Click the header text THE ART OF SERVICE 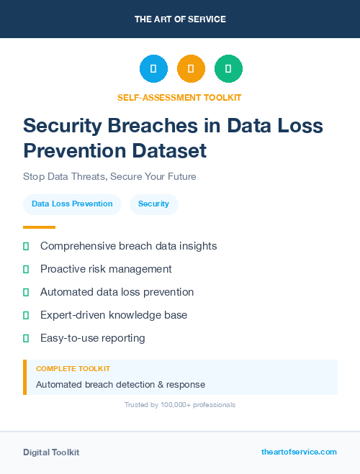pyautogui.click(x=180, y=19)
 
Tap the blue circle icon pyautogui.click(x=153, y=68)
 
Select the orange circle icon pyautogui.click(x=191, y=68)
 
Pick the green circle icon pyautogui.click(x=228, y=68)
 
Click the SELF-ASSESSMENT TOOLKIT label pyautogui.click(x=180, y=97)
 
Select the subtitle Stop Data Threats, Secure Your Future pyautogui.click(x=109, y=176)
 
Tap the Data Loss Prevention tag pyautogui.click(x=72, y=204)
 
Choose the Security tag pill pyautogui.click(x=153, y=204)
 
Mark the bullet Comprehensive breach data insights pyautogui.click(x=128, y=246)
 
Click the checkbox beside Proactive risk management pyautogui.click(x=26, y=269)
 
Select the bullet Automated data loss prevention pyautogui.click(x=117, y=292)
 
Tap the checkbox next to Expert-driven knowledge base pyautogui.click(x=26, y=315)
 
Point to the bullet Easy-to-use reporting pyautogui.click(x=92, y=338)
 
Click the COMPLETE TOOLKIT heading pyautogui.click(x=73, y=368)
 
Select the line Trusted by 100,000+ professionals pyautogui.click(x=180, y=405)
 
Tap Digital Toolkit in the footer pyautogui.click(x=51, y=452)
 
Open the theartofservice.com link pyautogui.click(x=299, y=452)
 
